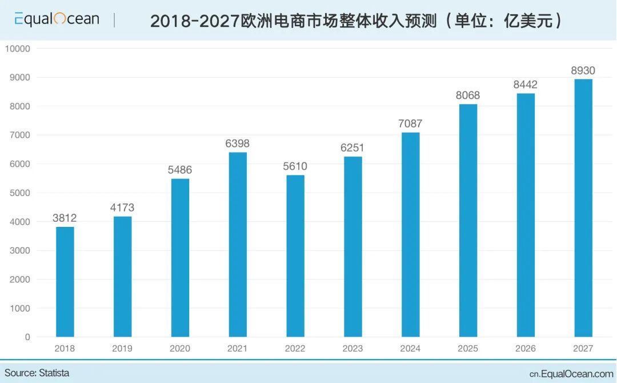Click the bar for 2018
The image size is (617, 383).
pos(65,282)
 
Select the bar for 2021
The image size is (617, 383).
pos(238,245)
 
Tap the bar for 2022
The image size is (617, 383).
pos(295,256)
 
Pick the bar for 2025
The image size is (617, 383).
pos(468,221)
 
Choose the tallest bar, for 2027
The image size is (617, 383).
pos(583,208)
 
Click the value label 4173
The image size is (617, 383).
pos(122,208)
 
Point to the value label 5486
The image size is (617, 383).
pos(180,170)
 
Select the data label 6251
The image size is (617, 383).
pos(353,147)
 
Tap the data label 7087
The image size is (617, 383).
pos(410,123)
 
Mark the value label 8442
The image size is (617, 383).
pos(526,85)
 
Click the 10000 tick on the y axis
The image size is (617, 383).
pos(17,49)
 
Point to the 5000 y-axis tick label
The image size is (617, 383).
pos(19,193)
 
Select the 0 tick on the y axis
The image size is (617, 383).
pos(27,337)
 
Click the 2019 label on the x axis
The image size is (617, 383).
pos(122,348)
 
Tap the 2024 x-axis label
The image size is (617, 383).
pos(410,348)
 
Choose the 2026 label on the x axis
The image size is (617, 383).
pos(526,348)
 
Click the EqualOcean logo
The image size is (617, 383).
pos(57,19)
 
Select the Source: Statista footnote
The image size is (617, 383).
pos(37,373)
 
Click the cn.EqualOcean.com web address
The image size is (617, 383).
pos(571,374)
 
